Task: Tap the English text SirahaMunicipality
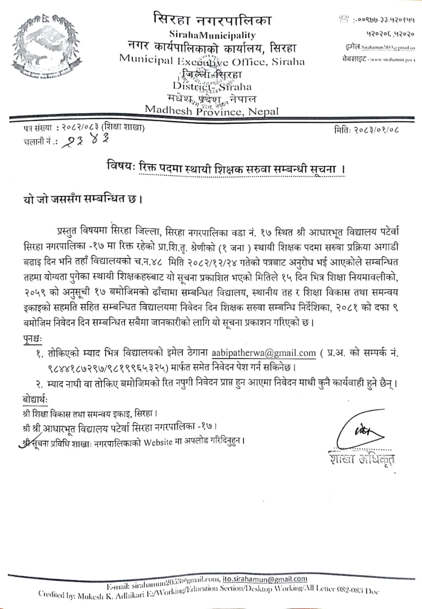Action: click(212, 35)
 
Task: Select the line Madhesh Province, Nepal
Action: click(212, 110)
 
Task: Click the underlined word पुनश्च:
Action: click(32, 338)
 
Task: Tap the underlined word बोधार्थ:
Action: click(35, 397)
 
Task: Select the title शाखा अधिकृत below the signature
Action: click(362, 459)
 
